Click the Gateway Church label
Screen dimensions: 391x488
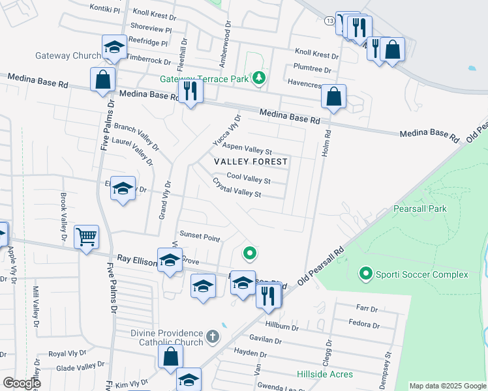(69, 55)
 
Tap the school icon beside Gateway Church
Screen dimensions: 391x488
(114, 47)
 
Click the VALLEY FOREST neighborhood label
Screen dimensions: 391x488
(251, 161)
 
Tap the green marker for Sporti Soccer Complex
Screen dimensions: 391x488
(365, 274)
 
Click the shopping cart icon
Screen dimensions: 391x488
(86, 237)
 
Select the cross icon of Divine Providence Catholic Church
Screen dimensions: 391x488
(211, 337)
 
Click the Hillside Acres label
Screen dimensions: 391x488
(325, 374)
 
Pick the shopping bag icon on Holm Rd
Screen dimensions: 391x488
(333, 97)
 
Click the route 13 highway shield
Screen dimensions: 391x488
(331, 21)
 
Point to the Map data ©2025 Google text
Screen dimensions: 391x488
(447, 386)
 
